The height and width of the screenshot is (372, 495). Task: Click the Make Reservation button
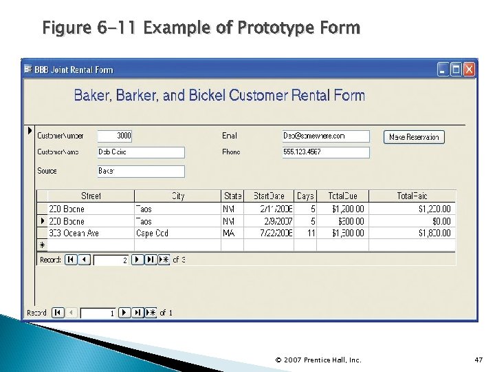[x=414, y=137]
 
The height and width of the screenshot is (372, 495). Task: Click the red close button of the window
[x=470, y=70]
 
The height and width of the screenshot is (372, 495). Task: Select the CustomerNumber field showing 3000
[x=115, y=136]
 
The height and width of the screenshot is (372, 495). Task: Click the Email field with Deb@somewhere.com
[x=326, y=136]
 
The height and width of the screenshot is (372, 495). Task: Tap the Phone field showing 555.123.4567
[x=326, y=152]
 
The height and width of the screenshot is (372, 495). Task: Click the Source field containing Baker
[x=141, y=171]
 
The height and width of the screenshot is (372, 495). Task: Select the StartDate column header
[x=269, y=196]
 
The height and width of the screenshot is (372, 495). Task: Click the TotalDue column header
[x=347, y=196]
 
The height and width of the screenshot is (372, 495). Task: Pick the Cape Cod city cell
[x=177, y=234]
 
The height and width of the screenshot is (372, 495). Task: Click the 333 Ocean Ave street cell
[x=89, y=234]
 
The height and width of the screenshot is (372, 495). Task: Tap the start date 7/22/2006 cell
[x=269, y=234]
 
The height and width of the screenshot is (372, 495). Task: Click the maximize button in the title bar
[x=456, y=70]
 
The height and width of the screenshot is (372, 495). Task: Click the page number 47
[x=478, y=360]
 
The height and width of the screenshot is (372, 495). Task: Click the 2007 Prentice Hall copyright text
[x=318, y=360]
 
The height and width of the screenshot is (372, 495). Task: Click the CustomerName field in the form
[x=141, y=152]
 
